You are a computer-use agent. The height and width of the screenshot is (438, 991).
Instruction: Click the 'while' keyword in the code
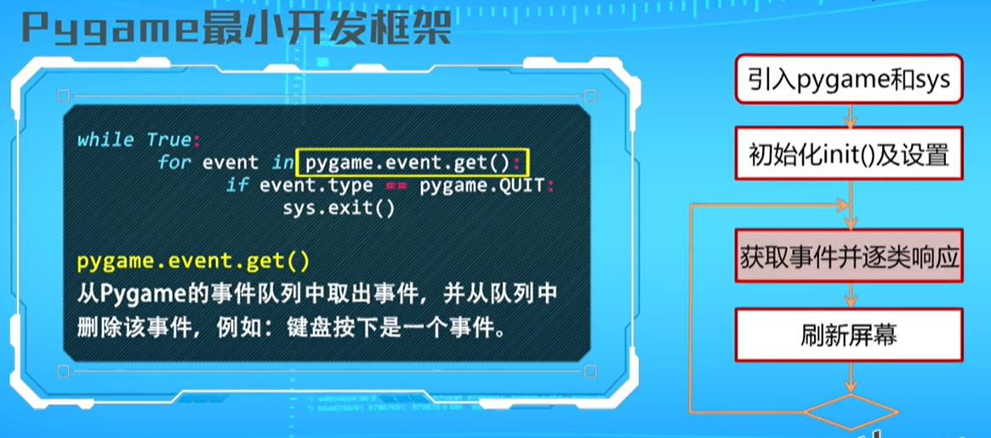click(105, 139)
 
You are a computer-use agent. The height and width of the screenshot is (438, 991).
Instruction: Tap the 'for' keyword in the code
click(174, 162)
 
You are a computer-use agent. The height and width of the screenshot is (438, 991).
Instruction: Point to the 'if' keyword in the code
click(236, 185)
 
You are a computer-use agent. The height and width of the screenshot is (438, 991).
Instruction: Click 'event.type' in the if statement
click(316, 185)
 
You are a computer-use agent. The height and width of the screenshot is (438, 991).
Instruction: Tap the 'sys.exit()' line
click(339, 208)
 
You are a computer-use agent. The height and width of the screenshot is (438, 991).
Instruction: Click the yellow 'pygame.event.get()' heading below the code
click(194, 262)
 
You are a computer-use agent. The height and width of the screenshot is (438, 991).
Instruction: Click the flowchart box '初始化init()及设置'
click(848, 156)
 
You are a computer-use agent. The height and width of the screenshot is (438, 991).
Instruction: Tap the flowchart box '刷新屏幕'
click(848, 334)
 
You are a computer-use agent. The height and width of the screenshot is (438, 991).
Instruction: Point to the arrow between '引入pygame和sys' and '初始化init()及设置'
click(848, 117)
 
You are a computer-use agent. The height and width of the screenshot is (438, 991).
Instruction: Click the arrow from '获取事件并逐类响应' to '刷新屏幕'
click(848, 296)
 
